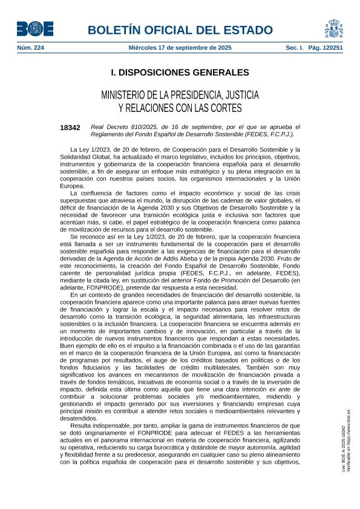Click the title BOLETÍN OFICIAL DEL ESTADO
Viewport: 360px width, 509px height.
coord(180,30)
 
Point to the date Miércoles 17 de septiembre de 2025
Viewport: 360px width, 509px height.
coord(180,47)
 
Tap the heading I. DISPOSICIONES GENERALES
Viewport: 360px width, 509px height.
coord(180,73)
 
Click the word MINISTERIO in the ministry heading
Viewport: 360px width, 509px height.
coord(127,96)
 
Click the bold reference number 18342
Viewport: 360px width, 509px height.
coord(70,128)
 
